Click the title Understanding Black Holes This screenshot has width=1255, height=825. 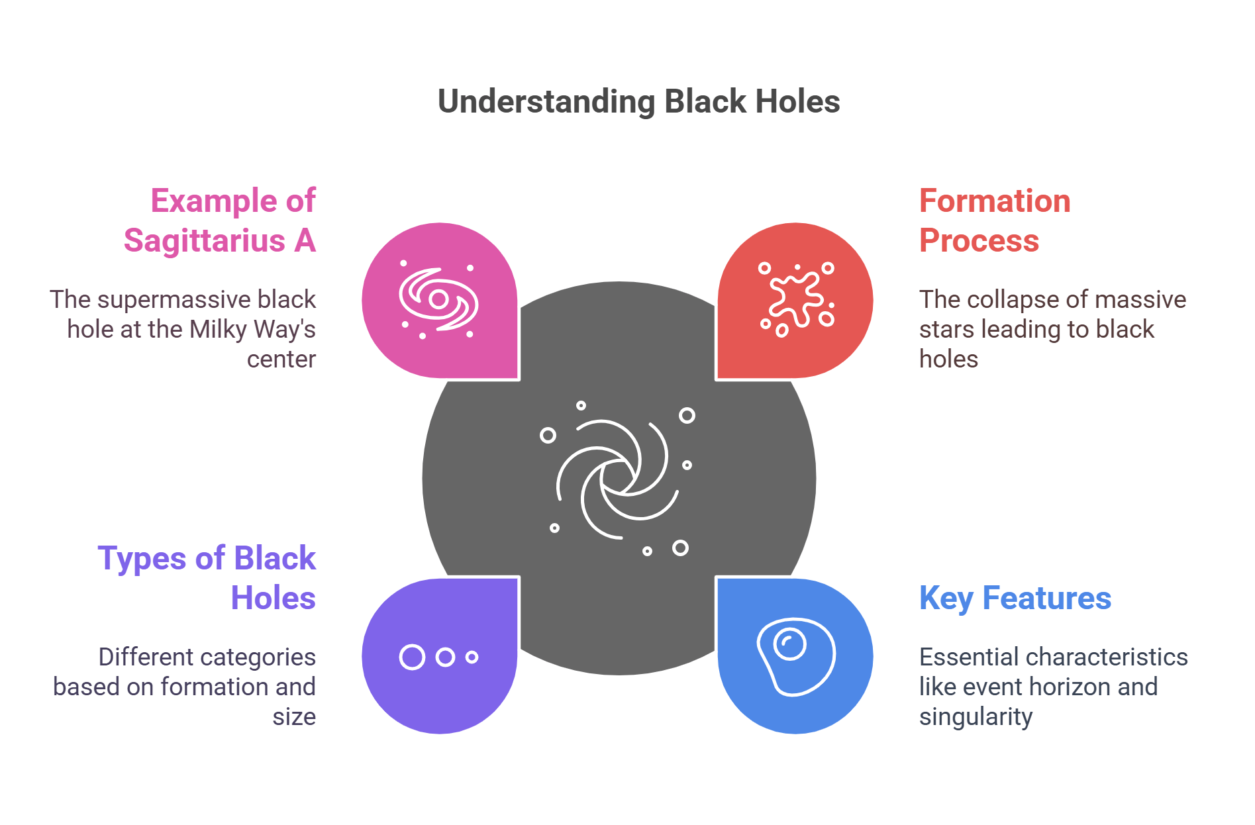coord(638,102)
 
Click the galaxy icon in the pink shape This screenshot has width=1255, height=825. coord(438,301)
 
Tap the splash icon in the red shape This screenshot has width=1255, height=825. coord(796,299)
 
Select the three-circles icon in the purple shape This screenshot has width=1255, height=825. coord(438,657)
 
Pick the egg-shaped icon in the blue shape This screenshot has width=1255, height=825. coord(796,656)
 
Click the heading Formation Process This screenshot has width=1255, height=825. coord(995,220)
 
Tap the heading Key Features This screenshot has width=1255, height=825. coord(1015,598)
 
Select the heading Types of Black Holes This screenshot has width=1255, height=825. coord(207,578)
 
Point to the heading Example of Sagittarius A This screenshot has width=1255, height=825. coord(220,220)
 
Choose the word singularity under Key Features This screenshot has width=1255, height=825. coord(976,717)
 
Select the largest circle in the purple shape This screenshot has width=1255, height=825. coord(412,657)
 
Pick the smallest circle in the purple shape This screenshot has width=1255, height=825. coord(472,657)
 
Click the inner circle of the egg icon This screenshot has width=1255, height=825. coord(789,644)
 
